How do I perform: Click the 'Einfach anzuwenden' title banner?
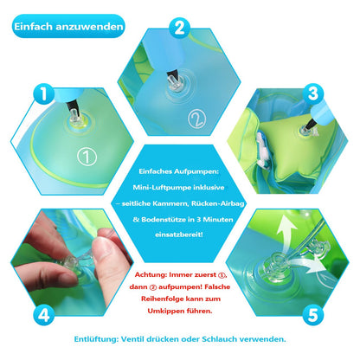coord(68,26)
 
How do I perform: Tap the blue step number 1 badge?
coord(44,93)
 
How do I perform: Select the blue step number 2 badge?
coord(179,28)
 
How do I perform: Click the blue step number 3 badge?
coord(313,93)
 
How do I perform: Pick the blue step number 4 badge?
coord(44,315)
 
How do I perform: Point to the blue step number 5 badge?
coord(313,314)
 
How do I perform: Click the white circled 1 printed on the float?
coord(87,156)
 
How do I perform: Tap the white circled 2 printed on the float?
coord(197,119)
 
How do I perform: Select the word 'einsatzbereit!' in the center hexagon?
coord(179,235)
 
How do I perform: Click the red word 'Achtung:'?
coord(151,274)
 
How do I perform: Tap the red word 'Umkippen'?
coord(164,312)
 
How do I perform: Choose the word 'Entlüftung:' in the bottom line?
coord(96,339)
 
